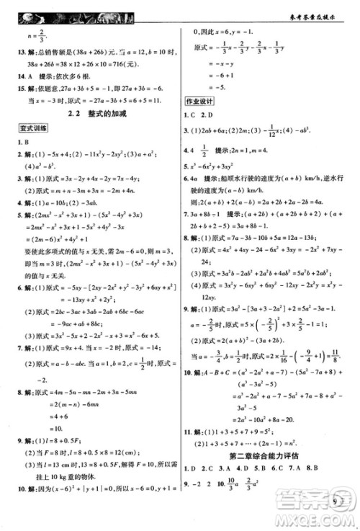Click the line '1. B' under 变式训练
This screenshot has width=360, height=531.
tap(24, 142)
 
